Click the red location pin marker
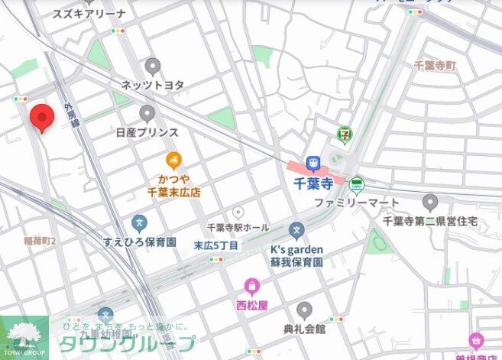(41, 118)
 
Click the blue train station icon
(312, 164)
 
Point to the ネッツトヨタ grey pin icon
(153, 66)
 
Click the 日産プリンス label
(147, 132)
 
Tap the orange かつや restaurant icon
(174, 161)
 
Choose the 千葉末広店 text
(173, 193)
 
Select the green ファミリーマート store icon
(356, 184)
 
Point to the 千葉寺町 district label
(434, 66)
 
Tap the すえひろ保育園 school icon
(139, 223)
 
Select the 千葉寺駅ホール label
(238, 228)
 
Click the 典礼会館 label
(304, 329)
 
